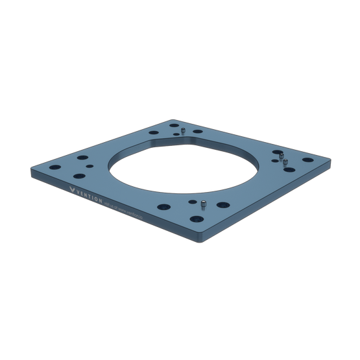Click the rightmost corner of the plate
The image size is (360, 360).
pyautogui.click(x=333, y=158)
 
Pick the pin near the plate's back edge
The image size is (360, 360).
pyautogui.click(x=184, y=132)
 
